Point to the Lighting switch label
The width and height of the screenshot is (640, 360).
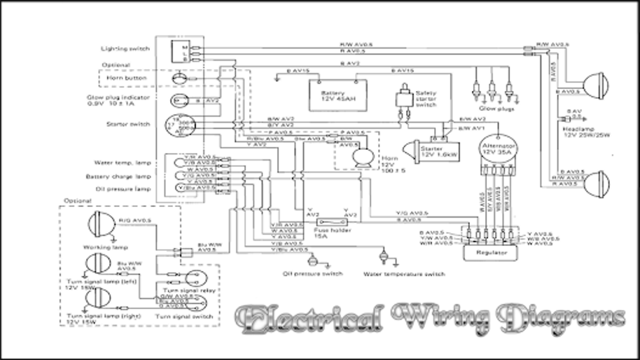tap(125, 48)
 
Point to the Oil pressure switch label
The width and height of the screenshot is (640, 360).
tap(312, 274)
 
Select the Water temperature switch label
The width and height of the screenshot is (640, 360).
tap(404, 274)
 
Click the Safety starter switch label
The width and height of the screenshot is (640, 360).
tap(426, 98)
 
